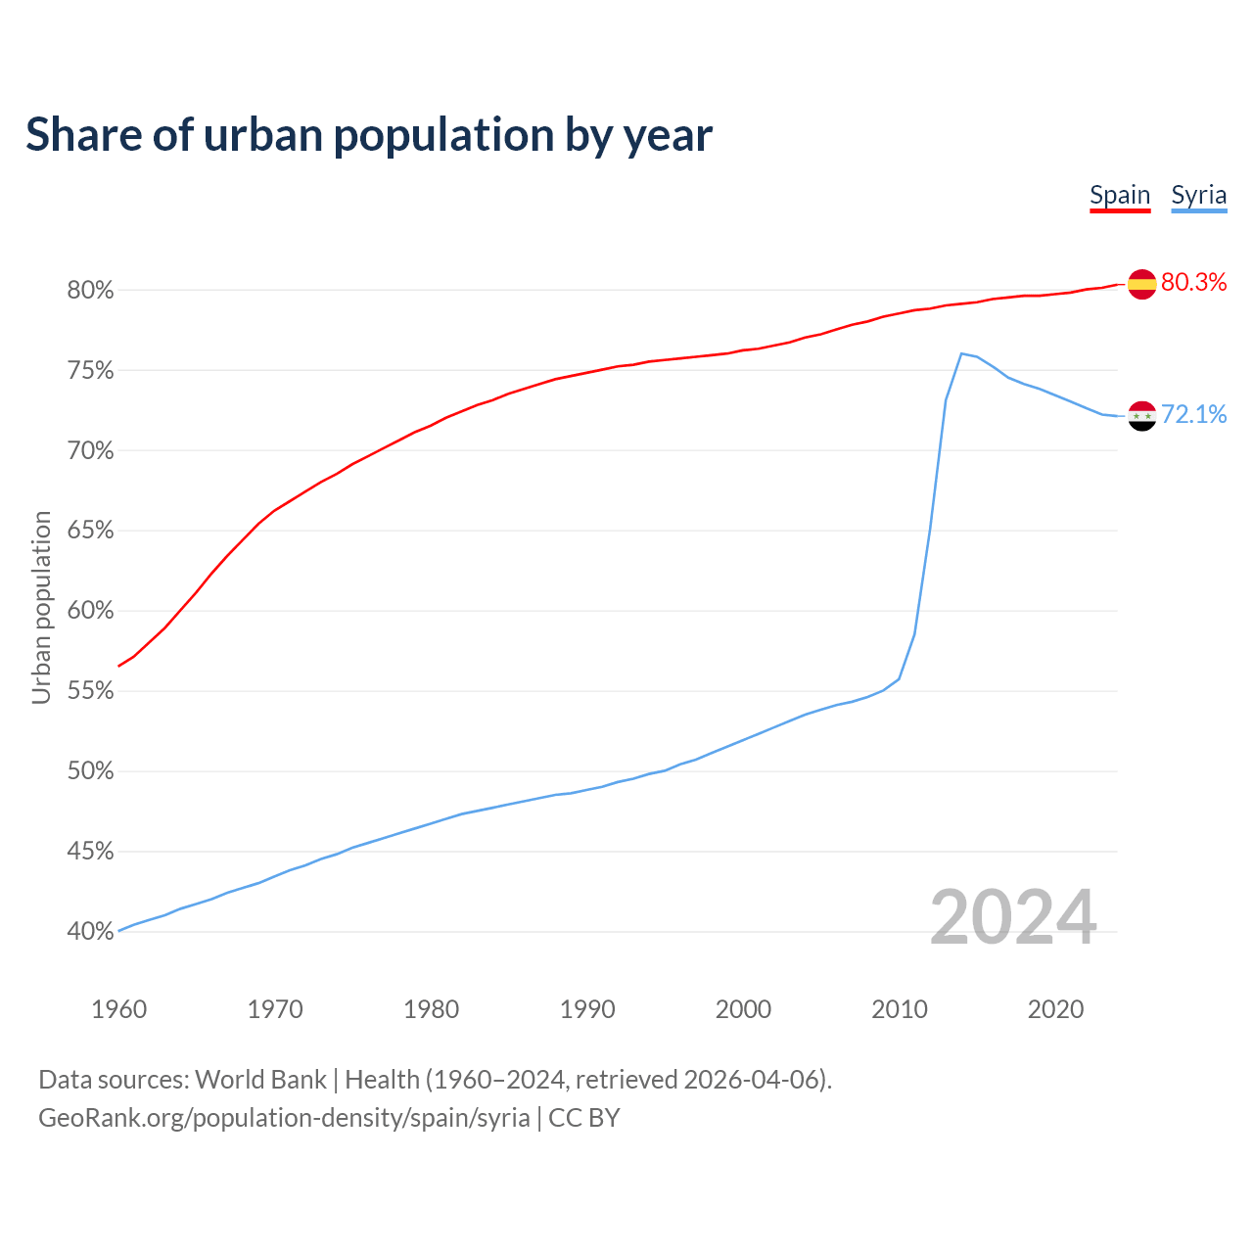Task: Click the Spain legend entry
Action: tap(1120, 195)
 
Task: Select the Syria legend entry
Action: tap(1198, 195)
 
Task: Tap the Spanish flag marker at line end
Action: tap(1141, 284)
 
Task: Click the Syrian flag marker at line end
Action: tap(1141, 416)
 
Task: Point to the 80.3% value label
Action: tap(1193, 283)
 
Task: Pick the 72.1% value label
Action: tap(1193, 415)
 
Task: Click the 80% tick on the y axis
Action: tap(91, 291)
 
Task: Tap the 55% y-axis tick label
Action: tap(91, 691)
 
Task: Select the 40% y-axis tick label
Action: tap(91, 932)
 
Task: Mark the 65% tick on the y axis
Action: tap(91, 532)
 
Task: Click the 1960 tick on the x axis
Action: tap(118, 1009)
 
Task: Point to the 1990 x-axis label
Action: tap(587, 1009)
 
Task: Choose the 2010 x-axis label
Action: tap(900, 1009)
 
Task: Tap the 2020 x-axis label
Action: tap(1055, 1009)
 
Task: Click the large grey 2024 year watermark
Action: tap(1013, 917)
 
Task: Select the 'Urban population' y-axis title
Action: tap(41, 607)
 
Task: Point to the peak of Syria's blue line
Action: tap(961, 353)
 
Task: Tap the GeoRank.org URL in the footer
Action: tap(284, 1118)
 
